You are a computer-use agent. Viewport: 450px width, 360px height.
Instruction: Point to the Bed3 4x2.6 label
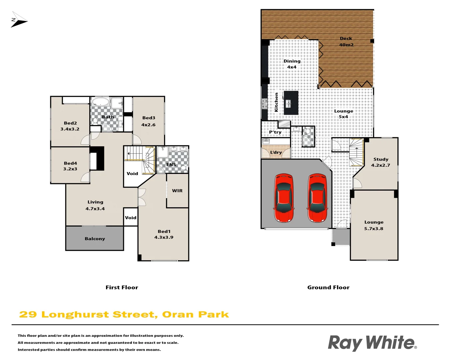point(148,121)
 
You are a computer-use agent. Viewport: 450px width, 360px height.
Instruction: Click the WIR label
point(177,191)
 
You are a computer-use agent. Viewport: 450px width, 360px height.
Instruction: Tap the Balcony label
point(95,239)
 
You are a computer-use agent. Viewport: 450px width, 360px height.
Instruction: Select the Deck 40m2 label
point(346,42)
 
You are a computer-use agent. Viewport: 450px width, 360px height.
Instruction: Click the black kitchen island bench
point(291,103)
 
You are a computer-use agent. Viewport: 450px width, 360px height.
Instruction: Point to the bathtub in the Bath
point(100,102)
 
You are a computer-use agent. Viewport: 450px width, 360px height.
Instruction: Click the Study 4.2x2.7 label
point(381,162)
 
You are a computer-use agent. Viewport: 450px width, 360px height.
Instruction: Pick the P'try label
point(275,132)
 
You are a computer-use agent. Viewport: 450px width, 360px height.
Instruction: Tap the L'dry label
point(276,152)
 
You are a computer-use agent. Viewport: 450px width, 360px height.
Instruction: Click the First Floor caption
point(122,287)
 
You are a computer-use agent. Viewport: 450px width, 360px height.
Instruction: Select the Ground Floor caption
point(328,287)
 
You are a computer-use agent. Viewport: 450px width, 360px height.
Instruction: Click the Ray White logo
point(372,343)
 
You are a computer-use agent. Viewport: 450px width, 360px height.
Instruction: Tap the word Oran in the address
point(178,315)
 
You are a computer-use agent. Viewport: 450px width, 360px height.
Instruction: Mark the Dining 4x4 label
point(292,64)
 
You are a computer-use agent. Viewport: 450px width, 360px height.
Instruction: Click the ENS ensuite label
point(171,165)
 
